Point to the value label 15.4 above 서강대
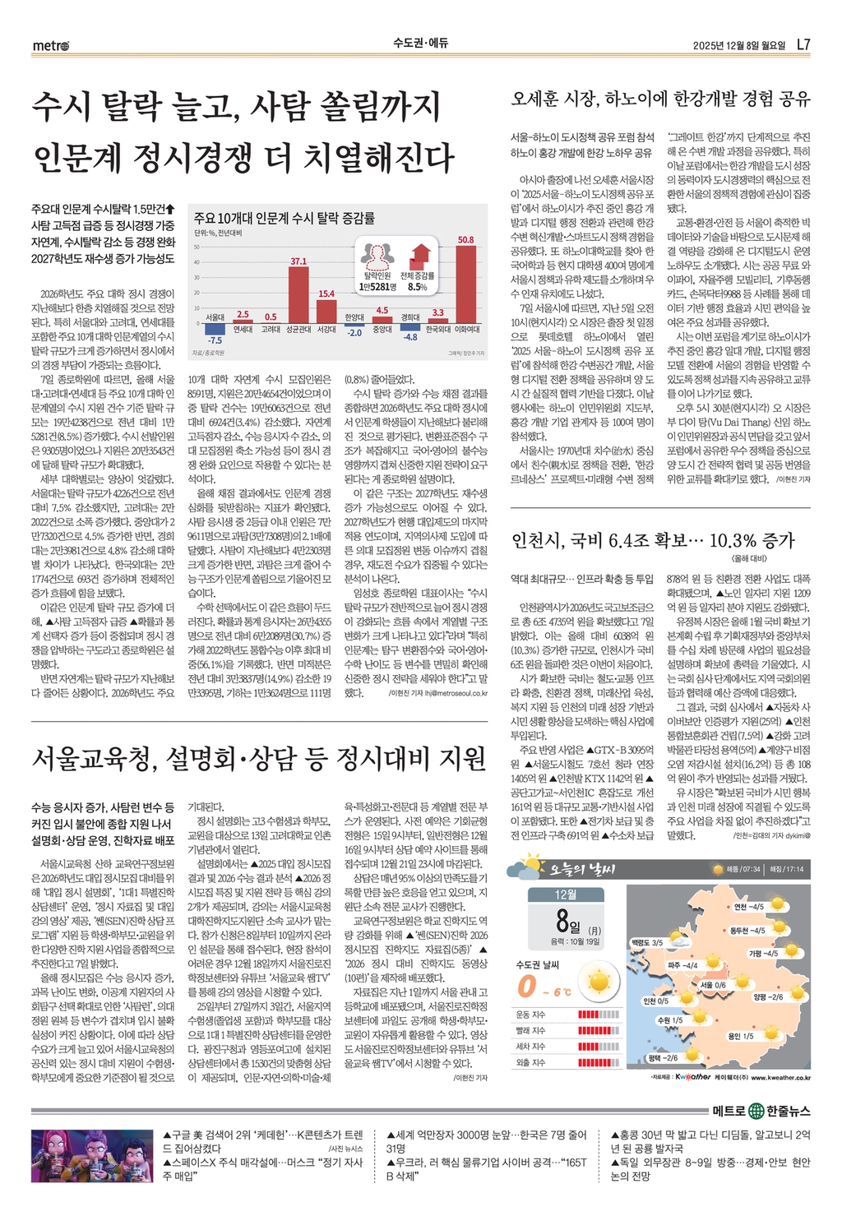click(326, 294)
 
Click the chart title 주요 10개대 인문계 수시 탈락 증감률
click(285, 218)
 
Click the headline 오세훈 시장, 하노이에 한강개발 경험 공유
click(660, 99)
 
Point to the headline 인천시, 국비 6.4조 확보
click(653, 540)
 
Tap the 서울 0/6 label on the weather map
click(713, 985)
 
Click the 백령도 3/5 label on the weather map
click(647, 942)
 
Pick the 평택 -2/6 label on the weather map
click(663, 1058)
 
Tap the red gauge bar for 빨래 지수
click(599, 1030)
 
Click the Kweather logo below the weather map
click(692, 1077)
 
